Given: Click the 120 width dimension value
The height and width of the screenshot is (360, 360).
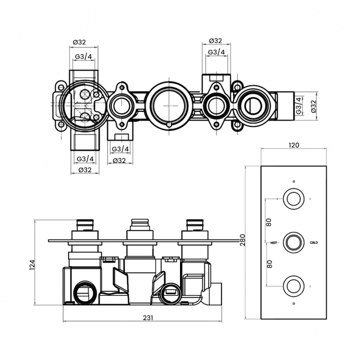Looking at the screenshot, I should (294, 145).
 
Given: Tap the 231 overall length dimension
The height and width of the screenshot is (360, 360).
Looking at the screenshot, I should (147, 317).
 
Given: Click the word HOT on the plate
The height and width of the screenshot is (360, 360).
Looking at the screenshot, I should (274, 243).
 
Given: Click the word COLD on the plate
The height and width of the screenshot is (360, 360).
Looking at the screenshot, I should (313, 243).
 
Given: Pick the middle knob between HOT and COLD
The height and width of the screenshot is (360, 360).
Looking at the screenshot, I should (294, 242).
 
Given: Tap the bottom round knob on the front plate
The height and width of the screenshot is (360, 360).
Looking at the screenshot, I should (294, 286).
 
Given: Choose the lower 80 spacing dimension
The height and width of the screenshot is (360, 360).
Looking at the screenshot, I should (270, 264).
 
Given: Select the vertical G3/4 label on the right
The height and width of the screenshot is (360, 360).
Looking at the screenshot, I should (299, 105).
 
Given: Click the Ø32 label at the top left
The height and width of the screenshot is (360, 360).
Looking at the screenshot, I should (80, 41).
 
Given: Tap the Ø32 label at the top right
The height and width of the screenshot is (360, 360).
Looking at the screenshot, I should (216, 41).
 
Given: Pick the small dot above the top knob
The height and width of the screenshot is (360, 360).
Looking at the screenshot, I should (294, 181).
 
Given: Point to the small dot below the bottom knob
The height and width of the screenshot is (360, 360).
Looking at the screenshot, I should (294, 304).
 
